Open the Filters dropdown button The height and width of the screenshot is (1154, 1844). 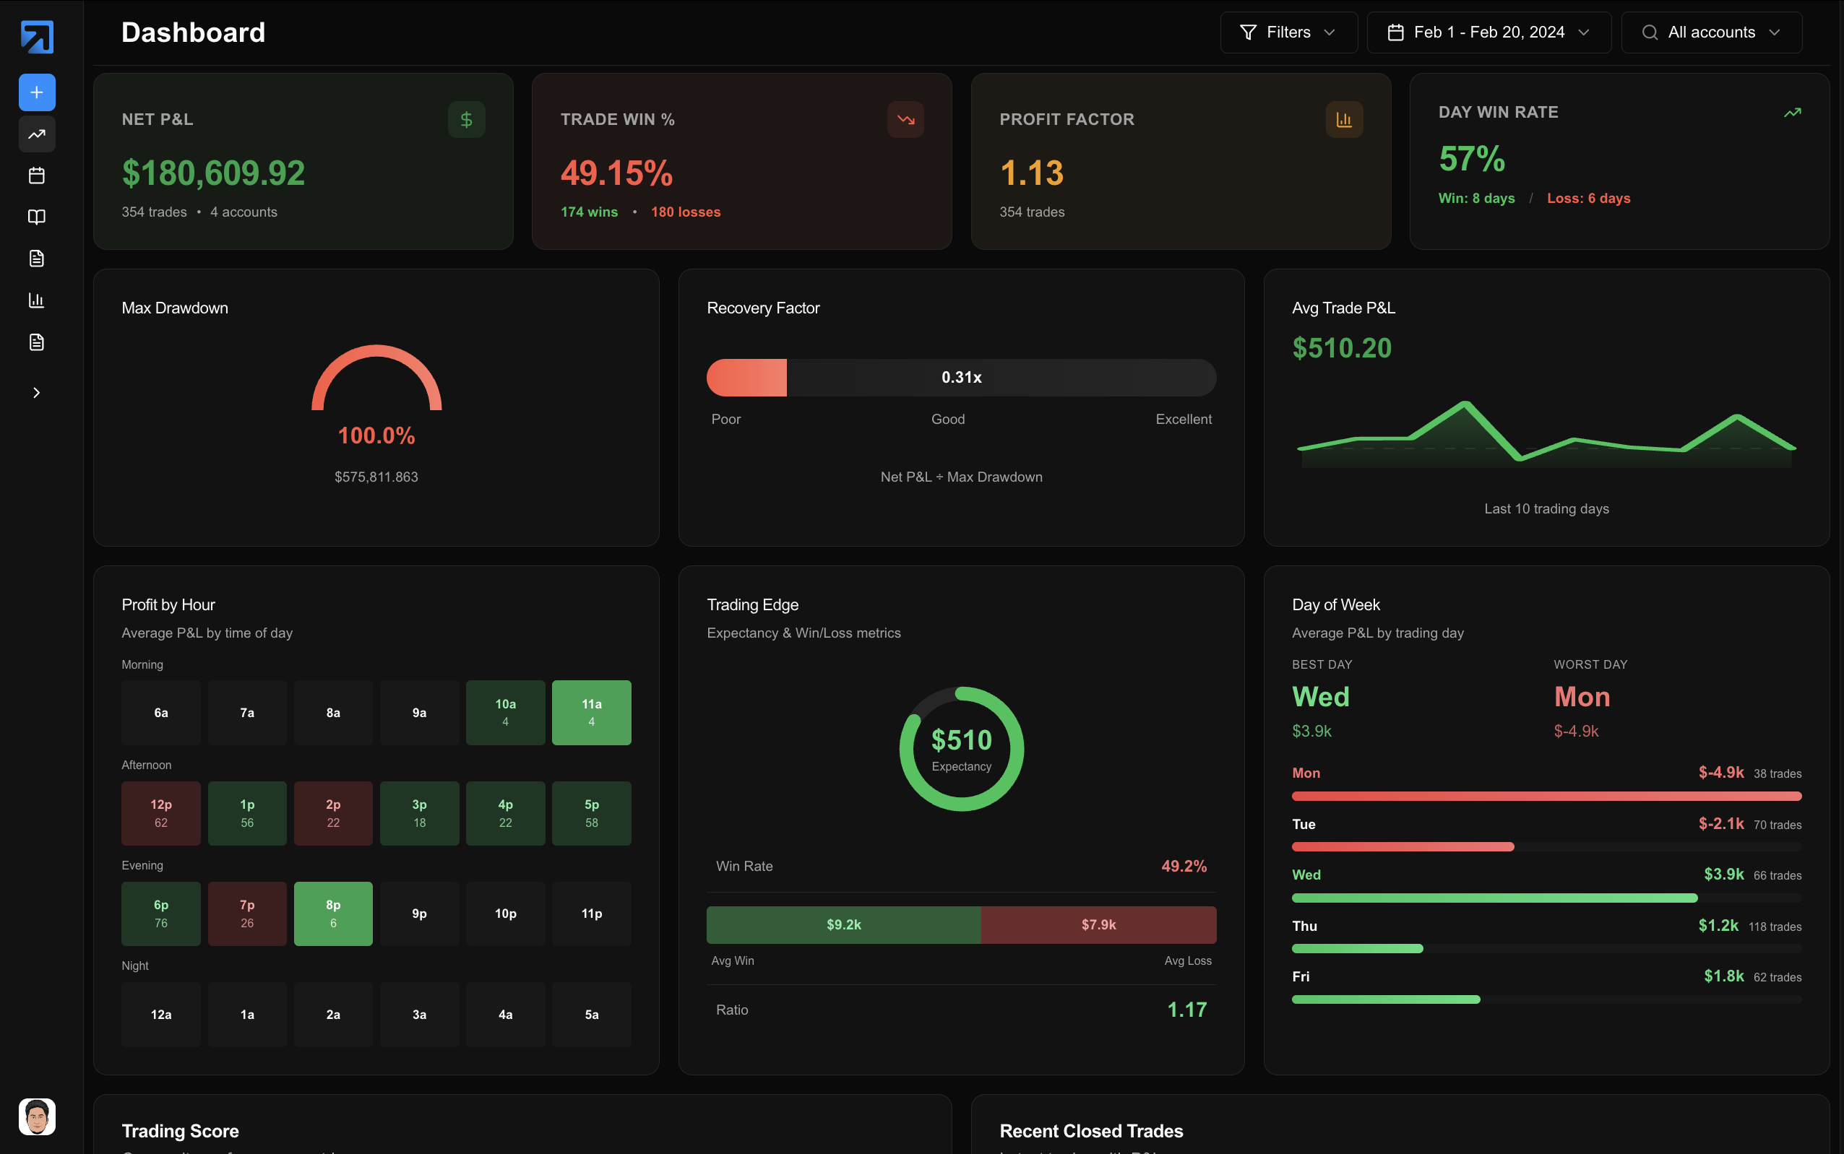point(1288,32)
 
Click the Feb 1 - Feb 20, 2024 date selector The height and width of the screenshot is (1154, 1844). point(1488,32)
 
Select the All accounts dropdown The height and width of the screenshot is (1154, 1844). point(1711,32)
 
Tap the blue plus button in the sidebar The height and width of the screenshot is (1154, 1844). point(37,92)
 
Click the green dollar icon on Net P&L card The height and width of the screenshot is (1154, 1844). point(466,120)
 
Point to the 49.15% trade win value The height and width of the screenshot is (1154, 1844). point(616,173)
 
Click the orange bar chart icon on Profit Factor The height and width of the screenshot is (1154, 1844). point(1344,120)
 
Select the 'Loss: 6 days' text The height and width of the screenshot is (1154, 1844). point(1588,199)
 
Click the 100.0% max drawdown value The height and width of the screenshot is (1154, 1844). point(376,435)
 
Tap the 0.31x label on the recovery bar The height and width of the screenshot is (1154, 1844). point(961,377)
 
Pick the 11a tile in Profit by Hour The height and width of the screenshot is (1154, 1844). point(591,712)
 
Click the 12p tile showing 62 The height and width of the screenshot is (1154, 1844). point(161,813)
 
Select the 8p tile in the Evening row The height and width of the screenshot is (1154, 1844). point(333,913)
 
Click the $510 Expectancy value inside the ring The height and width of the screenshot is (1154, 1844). point(961,740)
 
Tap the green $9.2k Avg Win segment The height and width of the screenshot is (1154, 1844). point(843,924)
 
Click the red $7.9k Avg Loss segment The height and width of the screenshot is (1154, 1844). point(1098,924)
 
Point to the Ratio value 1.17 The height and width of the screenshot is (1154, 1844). point(1186,1010)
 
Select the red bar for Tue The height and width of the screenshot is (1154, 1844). point(1402,846)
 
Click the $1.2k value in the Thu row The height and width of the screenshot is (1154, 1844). point(1718,926)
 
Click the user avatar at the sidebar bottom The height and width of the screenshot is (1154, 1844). point(37,1116)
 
